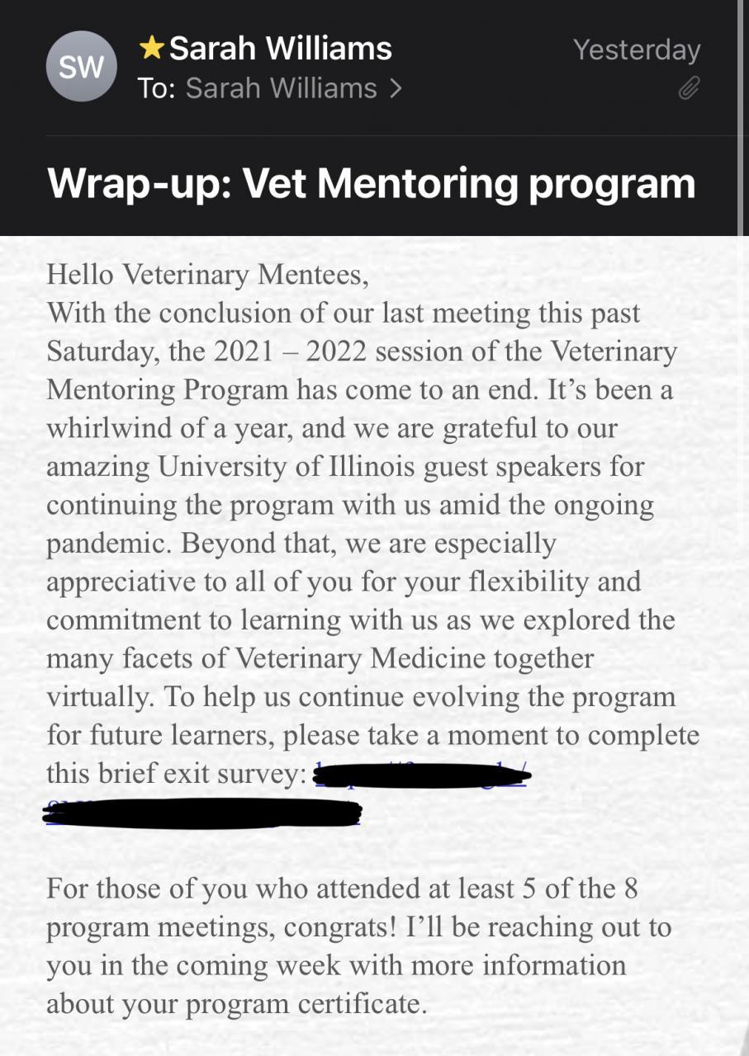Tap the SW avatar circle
point(81,66)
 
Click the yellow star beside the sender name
point(151,49)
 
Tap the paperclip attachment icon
point(689,88)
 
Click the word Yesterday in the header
point(637,49)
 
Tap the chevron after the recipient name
point(396,87)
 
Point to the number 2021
point(244,351)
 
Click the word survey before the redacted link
point(262,774)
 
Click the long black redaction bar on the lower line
point(202,813)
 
